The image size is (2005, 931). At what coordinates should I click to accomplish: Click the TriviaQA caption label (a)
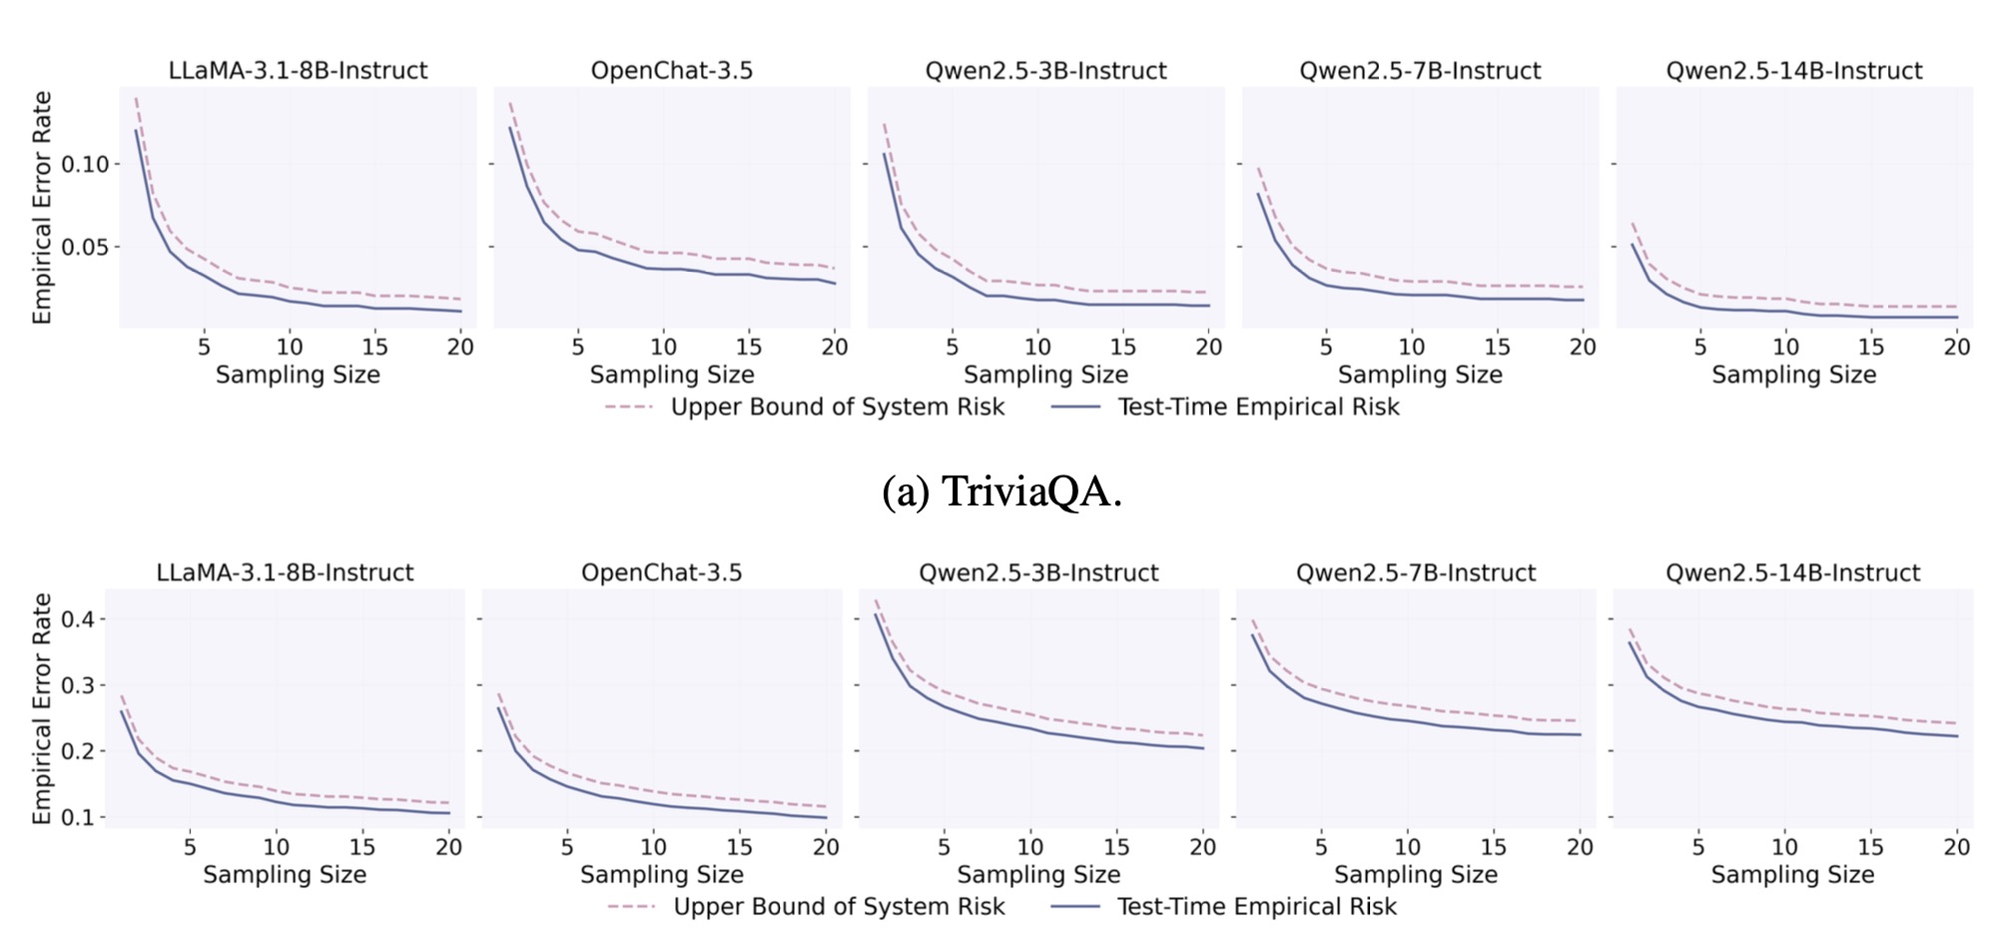click(1002, 491)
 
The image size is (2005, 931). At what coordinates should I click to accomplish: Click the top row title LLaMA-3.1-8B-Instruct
click(298, 71)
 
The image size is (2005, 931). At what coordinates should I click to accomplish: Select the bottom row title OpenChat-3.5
click(661, 572)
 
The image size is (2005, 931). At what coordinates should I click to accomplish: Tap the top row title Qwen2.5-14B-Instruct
click(1793, 71)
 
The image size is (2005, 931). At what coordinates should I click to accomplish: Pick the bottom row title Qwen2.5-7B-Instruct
click(1415, 572)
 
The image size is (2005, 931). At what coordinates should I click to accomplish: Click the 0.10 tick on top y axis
click(85, 164)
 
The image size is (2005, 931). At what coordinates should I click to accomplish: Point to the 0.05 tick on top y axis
click(85, 247)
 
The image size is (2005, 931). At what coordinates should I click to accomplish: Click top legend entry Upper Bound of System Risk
click(837, 407)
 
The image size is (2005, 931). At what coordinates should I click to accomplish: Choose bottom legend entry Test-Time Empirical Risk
click(1256, 906)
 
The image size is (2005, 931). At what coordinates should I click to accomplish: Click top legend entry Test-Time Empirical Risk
click(1258, 407)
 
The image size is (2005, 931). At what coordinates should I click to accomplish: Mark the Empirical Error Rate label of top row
click(42, 208)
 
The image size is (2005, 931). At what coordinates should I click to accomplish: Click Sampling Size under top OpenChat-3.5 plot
click(671, 375)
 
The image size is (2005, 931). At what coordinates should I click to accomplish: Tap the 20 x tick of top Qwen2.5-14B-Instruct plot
click(1956, 347)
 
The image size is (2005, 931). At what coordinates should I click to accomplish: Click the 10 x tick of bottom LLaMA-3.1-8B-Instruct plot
click(276, 847)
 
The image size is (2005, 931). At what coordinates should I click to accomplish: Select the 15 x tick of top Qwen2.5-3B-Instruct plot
click(1122, 347)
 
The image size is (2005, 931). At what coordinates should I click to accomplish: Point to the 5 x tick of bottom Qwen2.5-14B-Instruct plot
click(1697, 847)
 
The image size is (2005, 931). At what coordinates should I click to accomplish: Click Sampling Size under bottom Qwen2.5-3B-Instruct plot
click(1038, 875)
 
